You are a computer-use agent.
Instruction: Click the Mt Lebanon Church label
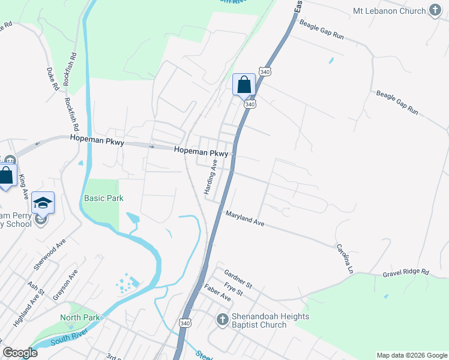click(389, 11)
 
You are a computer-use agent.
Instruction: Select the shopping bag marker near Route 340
click(244, 85)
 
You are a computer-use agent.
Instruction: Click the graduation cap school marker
click(43, 203)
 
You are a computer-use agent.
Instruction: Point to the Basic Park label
click(103, 198)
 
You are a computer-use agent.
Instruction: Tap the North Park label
click(80, 317)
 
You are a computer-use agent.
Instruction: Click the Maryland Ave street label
click(245, 218)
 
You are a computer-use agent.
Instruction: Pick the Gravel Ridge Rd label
click(406, 272)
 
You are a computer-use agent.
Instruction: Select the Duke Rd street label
click(53, 79)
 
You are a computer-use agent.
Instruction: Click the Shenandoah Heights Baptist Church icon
click(222, 320)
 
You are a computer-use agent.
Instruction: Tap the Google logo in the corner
click(20, 353)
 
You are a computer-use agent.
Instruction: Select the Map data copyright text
click(412, 355)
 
